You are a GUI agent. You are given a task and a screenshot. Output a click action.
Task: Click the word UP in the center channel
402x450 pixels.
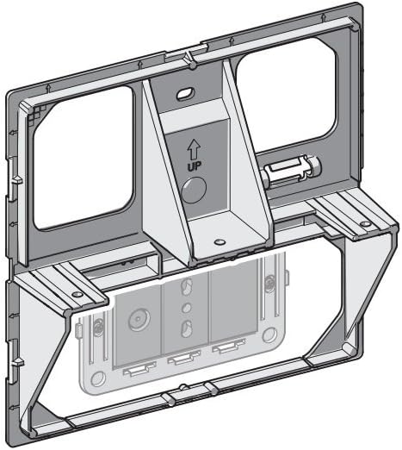tap(195, 166)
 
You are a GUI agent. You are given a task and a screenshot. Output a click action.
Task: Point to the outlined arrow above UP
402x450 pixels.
tap(194, 149)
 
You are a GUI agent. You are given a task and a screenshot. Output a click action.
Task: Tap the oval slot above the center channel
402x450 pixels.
tap(186, 94)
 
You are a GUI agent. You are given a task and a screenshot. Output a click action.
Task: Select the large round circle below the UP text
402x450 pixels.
tap(194, 190)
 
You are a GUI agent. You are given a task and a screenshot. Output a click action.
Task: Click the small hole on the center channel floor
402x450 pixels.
tap(220, 241)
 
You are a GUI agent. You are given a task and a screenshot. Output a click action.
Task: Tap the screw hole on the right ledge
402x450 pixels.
tap(365, 223)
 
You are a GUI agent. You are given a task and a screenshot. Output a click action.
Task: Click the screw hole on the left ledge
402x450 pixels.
tap(77, 294)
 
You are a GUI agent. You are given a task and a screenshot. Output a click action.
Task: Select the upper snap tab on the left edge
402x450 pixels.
tap(15, 178)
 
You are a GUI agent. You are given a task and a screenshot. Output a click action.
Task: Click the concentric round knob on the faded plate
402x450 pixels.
tap(139, 319)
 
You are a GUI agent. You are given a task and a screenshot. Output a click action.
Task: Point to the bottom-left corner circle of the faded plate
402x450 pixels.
tap(98, 379)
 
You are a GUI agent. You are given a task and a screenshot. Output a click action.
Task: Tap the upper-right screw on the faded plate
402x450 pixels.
tap(269, 280)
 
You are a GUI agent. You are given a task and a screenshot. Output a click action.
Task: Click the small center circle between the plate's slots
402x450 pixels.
tap(187, 308)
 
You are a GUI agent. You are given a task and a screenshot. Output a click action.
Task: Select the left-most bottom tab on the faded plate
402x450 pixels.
tap(139, 370)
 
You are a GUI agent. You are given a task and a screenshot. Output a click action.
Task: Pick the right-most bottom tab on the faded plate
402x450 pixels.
tap(229, 345)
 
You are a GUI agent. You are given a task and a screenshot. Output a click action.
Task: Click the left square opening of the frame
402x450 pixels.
tap(83, 158)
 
